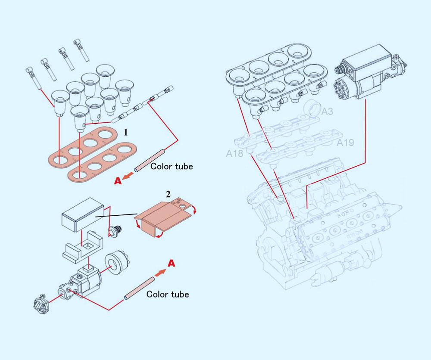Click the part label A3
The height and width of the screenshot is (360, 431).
pyautogui.click(x=328, y=112)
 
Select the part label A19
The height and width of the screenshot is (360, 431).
pyautogui.click(x=345, y=143)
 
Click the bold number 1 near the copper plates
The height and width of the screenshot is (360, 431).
pyautogui.click(x=126, y=133)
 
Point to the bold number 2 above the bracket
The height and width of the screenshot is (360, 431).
pyautogui.click(x=169, y=195)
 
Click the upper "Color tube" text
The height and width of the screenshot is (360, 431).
pyautogui.click(x=172, y=166)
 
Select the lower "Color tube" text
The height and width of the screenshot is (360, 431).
pyautogui.click(x=168, y=295)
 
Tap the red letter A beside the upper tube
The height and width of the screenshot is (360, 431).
pyautogui.click(x=118, y=182)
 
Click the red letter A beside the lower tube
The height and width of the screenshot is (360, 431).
pyautogui.click(x=171, y=264)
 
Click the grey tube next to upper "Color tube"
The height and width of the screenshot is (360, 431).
pyautogui.click(x=149, y=161)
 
